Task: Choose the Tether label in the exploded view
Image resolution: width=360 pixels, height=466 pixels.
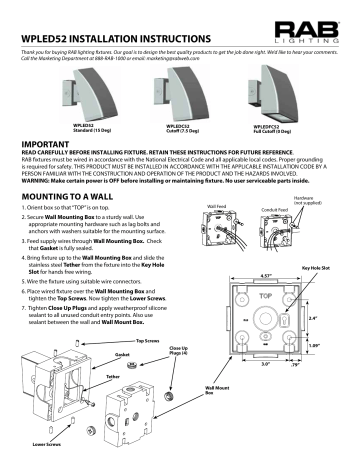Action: [70, 406]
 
